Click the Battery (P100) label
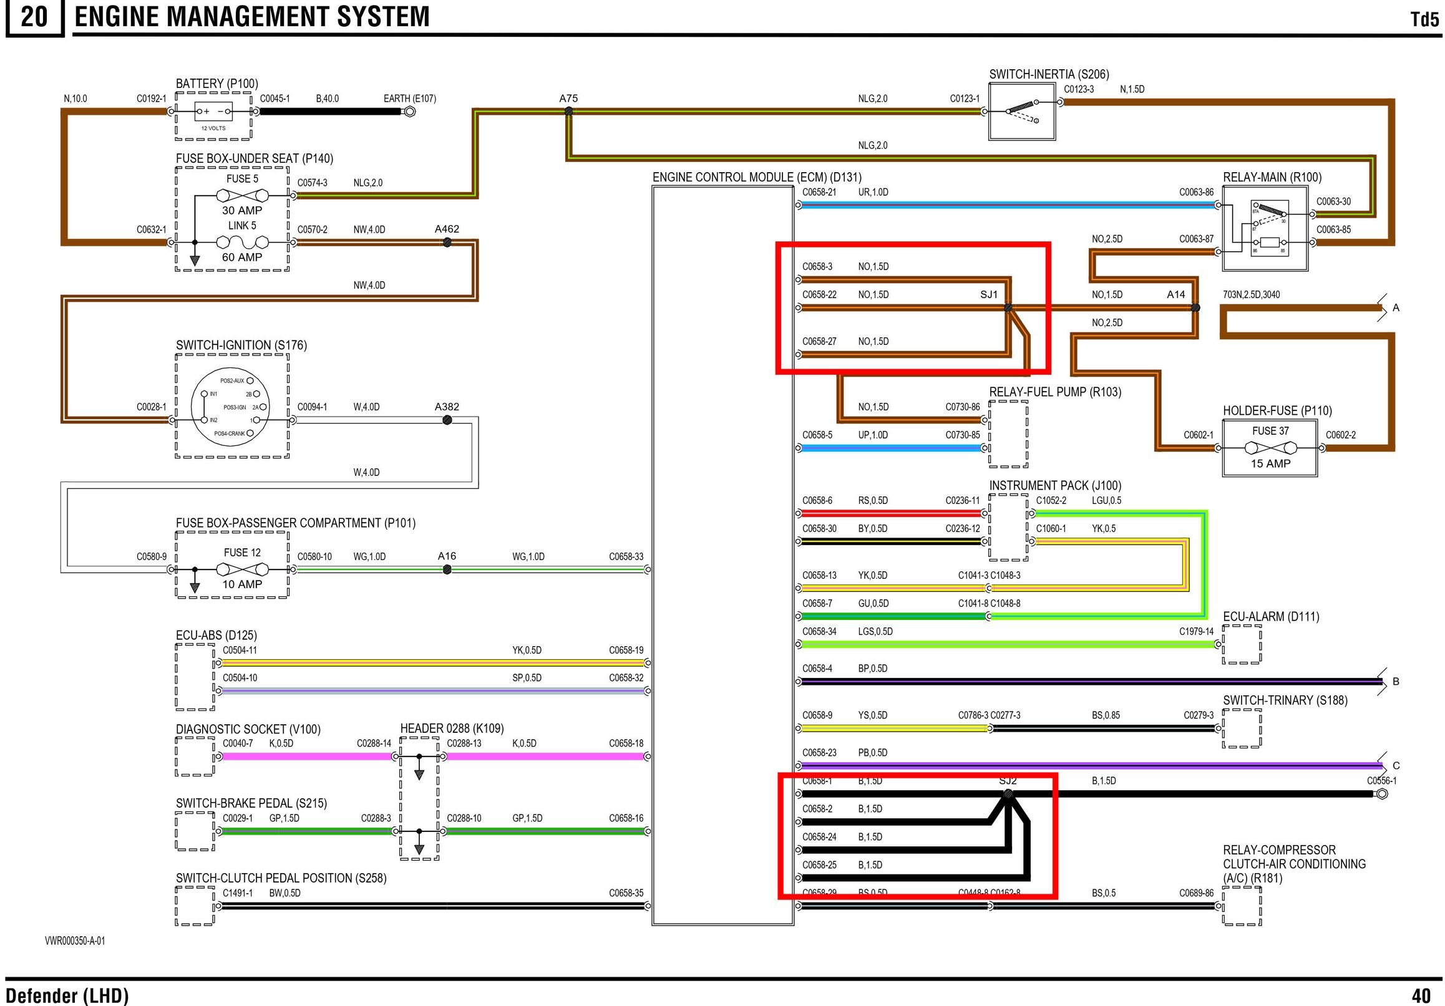(217, 84)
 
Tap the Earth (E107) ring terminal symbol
(409, 113)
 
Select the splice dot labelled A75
(568, 112)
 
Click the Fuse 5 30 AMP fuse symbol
(242, 195)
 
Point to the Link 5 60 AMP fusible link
(242, 242)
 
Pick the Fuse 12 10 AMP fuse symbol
(242, 569)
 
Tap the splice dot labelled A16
(447, 569)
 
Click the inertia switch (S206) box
(1022, 112)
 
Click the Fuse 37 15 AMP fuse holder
(1270, 448)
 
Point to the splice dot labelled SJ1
(1008, 307)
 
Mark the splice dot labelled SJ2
(1008, 795)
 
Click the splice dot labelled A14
(1195, 307)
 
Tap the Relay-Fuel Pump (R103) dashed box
(1008, 434)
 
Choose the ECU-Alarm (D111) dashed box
(1242, 644)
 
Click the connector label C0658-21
(819, 193)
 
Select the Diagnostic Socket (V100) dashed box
(195, 757)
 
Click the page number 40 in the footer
(1421, 995)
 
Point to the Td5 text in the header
(1425, 19)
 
